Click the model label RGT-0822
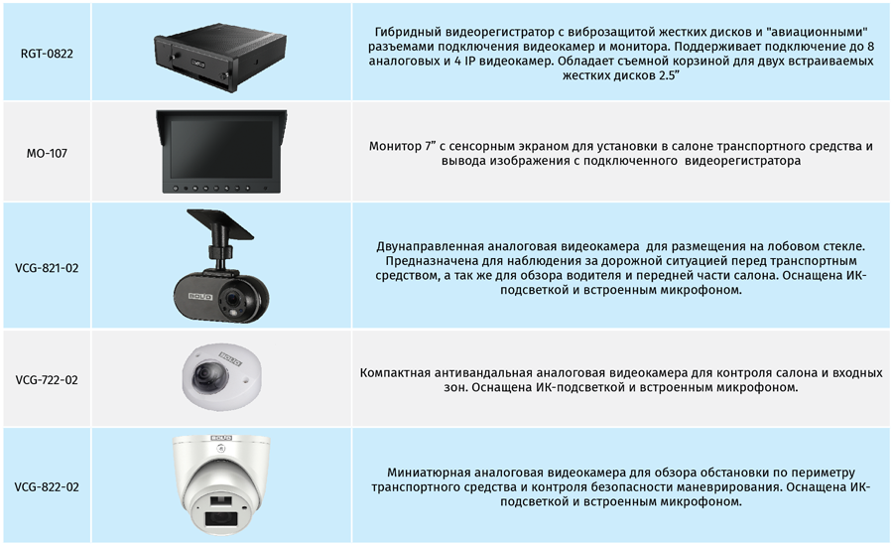[47, 54]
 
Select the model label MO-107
[47, 153]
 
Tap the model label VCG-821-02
[47, 268]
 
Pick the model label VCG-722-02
[47, 380]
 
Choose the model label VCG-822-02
[47, 487]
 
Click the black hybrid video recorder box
[220, 57]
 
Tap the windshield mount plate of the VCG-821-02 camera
[220, 223]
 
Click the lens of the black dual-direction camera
[232, 298]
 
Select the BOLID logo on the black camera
[200, 297]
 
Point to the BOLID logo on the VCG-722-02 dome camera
[230, 359]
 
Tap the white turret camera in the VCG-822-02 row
[221, 485]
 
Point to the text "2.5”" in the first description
[667, 75]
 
